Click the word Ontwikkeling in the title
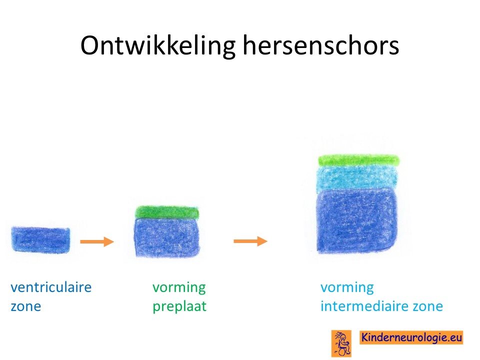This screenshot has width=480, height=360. tap(158, 46)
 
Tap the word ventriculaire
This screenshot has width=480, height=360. tap(51, 287)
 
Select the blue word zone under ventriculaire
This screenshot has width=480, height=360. tap(25, 306)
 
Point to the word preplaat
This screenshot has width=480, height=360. tap(179, 306)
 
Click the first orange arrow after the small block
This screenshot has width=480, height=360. tap(97, 241)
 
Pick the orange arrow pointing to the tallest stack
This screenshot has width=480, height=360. tap(250, 241)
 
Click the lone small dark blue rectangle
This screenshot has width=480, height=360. tap(40, 239)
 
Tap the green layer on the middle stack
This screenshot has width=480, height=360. tap(167, 212)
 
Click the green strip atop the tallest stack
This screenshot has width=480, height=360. tap(359, 160)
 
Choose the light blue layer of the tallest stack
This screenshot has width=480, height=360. tap(357, 177)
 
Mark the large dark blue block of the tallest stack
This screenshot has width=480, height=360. tap(357, 221)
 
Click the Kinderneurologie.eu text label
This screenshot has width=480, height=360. tap(411, 337)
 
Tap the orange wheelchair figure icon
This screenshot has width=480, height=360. tap(341, 343)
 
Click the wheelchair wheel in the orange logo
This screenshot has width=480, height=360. tap(345, 350)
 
